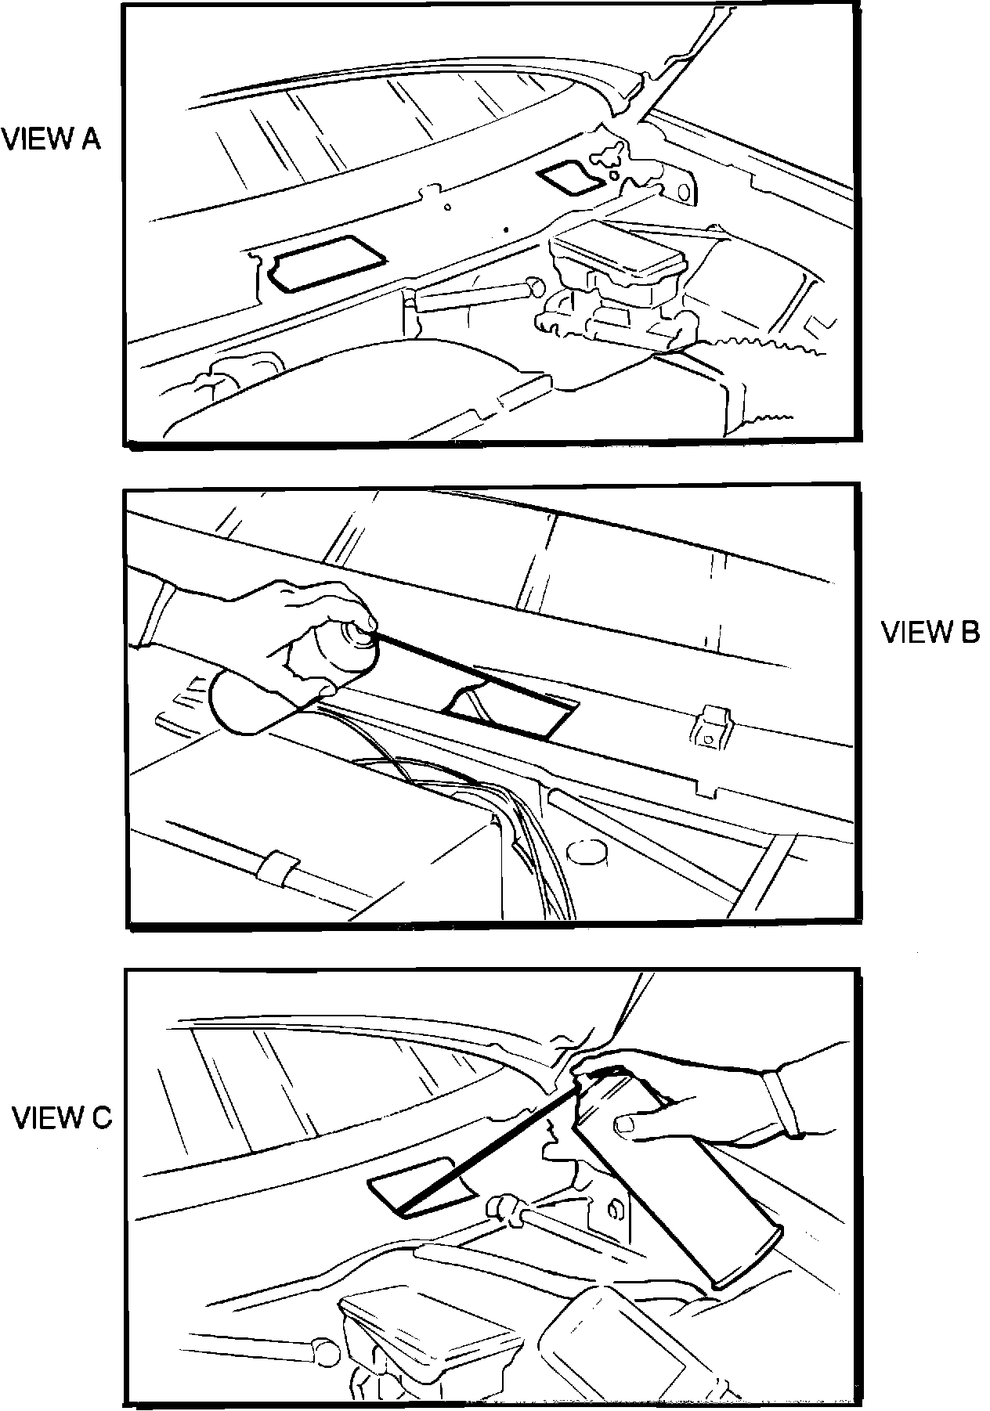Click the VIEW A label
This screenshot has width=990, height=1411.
[52, 140]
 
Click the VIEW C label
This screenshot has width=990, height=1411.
[62, 1118]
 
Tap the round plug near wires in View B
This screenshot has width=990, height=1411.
[585, 853]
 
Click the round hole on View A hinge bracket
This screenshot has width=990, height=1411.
[684, 191]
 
